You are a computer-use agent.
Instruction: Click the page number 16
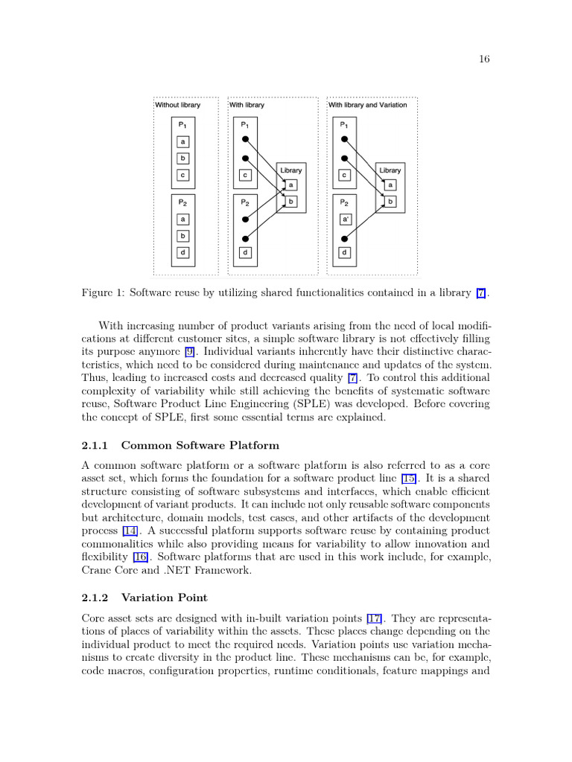pyautogui.click(x=484, y=60)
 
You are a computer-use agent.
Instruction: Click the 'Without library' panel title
pyautogui.click(x=178, y=105)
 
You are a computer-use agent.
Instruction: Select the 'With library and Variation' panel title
pyautogui.click(x=368, y=105)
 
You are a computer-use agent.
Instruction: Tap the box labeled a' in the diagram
pyautogui.click(x=345, y=220)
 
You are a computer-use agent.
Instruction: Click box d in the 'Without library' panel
pyautogui.click(x=183, y=252)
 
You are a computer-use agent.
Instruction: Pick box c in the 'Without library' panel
pyautogui.click(x=183, y=176)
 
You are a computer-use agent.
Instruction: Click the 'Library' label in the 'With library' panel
pyautogui.click(x=291, y=170)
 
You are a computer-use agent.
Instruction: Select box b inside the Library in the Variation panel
pyautogui.click(x=391, y=202)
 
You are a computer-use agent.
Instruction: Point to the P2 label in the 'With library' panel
pyautogui.click(x=244, y=202)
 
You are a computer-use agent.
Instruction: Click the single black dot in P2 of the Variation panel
pyautogui.click(x=345, y=238)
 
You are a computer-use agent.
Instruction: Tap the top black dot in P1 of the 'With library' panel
pyautogui.click(x=245, y=141)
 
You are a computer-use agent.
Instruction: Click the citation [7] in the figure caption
pyautogui.click(x=481, y=293)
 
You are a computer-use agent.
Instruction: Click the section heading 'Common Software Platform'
pyautogui.click(x=200, y=446)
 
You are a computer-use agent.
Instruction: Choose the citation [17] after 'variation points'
pyautogui.click(x=375, y=618)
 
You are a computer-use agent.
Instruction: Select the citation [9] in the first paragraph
pyautogui.click(x=191, y=350)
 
